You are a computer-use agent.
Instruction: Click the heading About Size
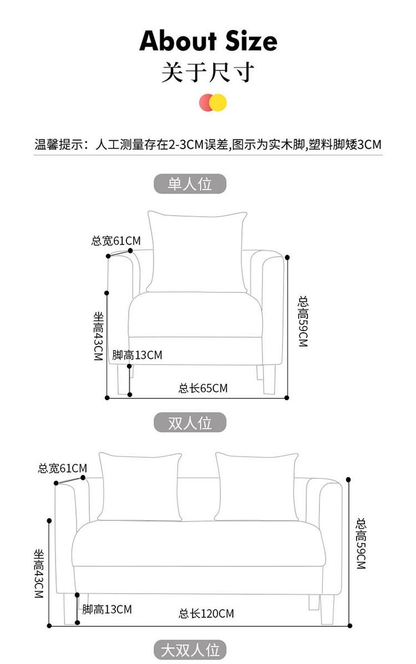208,41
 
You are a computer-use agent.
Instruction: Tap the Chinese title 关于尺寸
208,73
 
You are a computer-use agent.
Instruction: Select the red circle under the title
206,103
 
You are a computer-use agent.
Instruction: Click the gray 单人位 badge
190,184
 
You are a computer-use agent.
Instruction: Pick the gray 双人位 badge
190,423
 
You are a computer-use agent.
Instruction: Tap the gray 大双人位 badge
190,650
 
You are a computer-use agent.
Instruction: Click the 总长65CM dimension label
203,388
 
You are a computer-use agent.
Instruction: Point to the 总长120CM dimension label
206,614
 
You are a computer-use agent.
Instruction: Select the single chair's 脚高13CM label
137,355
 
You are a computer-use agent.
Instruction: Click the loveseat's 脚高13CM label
107,610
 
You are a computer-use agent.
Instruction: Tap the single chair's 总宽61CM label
116,241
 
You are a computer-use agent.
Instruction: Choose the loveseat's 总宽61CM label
62,468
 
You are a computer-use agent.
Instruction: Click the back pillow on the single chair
197,252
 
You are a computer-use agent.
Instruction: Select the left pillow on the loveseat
140,486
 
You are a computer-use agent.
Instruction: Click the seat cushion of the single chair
197,315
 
